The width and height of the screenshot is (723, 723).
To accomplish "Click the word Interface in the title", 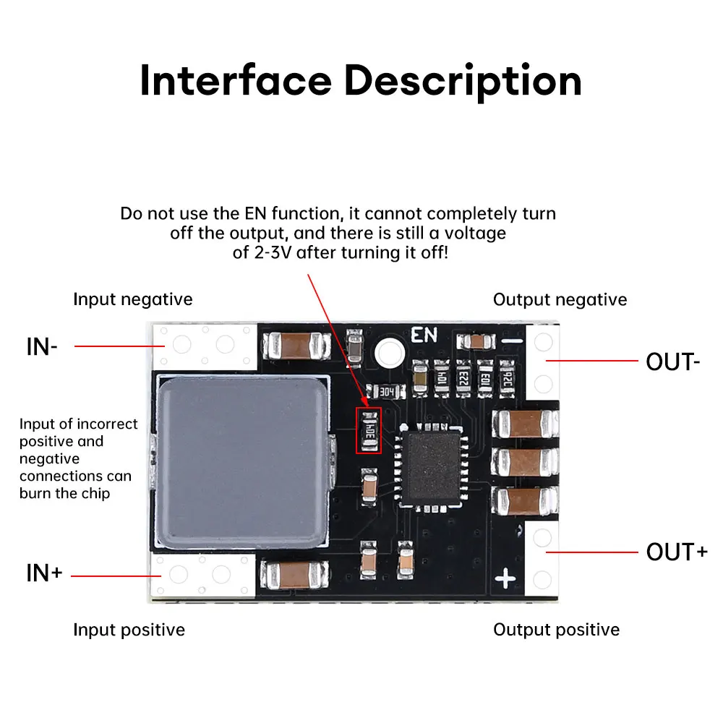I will coord(235,80).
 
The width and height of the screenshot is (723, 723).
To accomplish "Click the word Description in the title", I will coord(463,82).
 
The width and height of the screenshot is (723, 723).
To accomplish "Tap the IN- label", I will coord(42,346).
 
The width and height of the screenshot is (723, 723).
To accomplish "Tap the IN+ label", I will coord(44,573).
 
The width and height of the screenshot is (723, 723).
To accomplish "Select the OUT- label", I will coord(672,361).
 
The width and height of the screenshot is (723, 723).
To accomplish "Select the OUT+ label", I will coord(677,552).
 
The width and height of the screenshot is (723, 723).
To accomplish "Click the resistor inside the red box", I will coord(369,430).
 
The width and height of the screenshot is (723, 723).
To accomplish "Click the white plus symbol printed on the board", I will coord(505,578).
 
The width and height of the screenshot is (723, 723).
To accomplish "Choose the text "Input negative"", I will coord(133,299).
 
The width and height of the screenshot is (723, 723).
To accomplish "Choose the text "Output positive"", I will coord(556,630).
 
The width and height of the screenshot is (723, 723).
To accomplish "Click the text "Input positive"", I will coord(129,630).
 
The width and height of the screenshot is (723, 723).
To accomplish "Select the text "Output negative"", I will coord(560,299).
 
